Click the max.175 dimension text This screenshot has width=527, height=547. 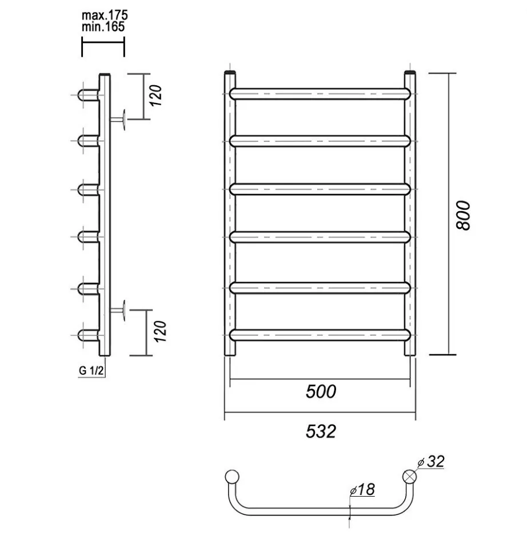(105, 15)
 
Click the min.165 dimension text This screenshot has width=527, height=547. (103, 27)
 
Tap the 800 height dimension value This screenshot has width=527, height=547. (463, 215)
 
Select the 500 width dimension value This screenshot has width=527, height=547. (321, 391)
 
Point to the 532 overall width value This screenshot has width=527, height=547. (321, 431)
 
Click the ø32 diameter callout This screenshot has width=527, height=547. (431, 462)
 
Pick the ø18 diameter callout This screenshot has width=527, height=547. (362, 489)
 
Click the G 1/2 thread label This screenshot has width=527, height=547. (91, 370)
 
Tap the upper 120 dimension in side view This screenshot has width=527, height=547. (156, 96)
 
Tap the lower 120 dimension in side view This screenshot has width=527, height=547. (160, 331)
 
